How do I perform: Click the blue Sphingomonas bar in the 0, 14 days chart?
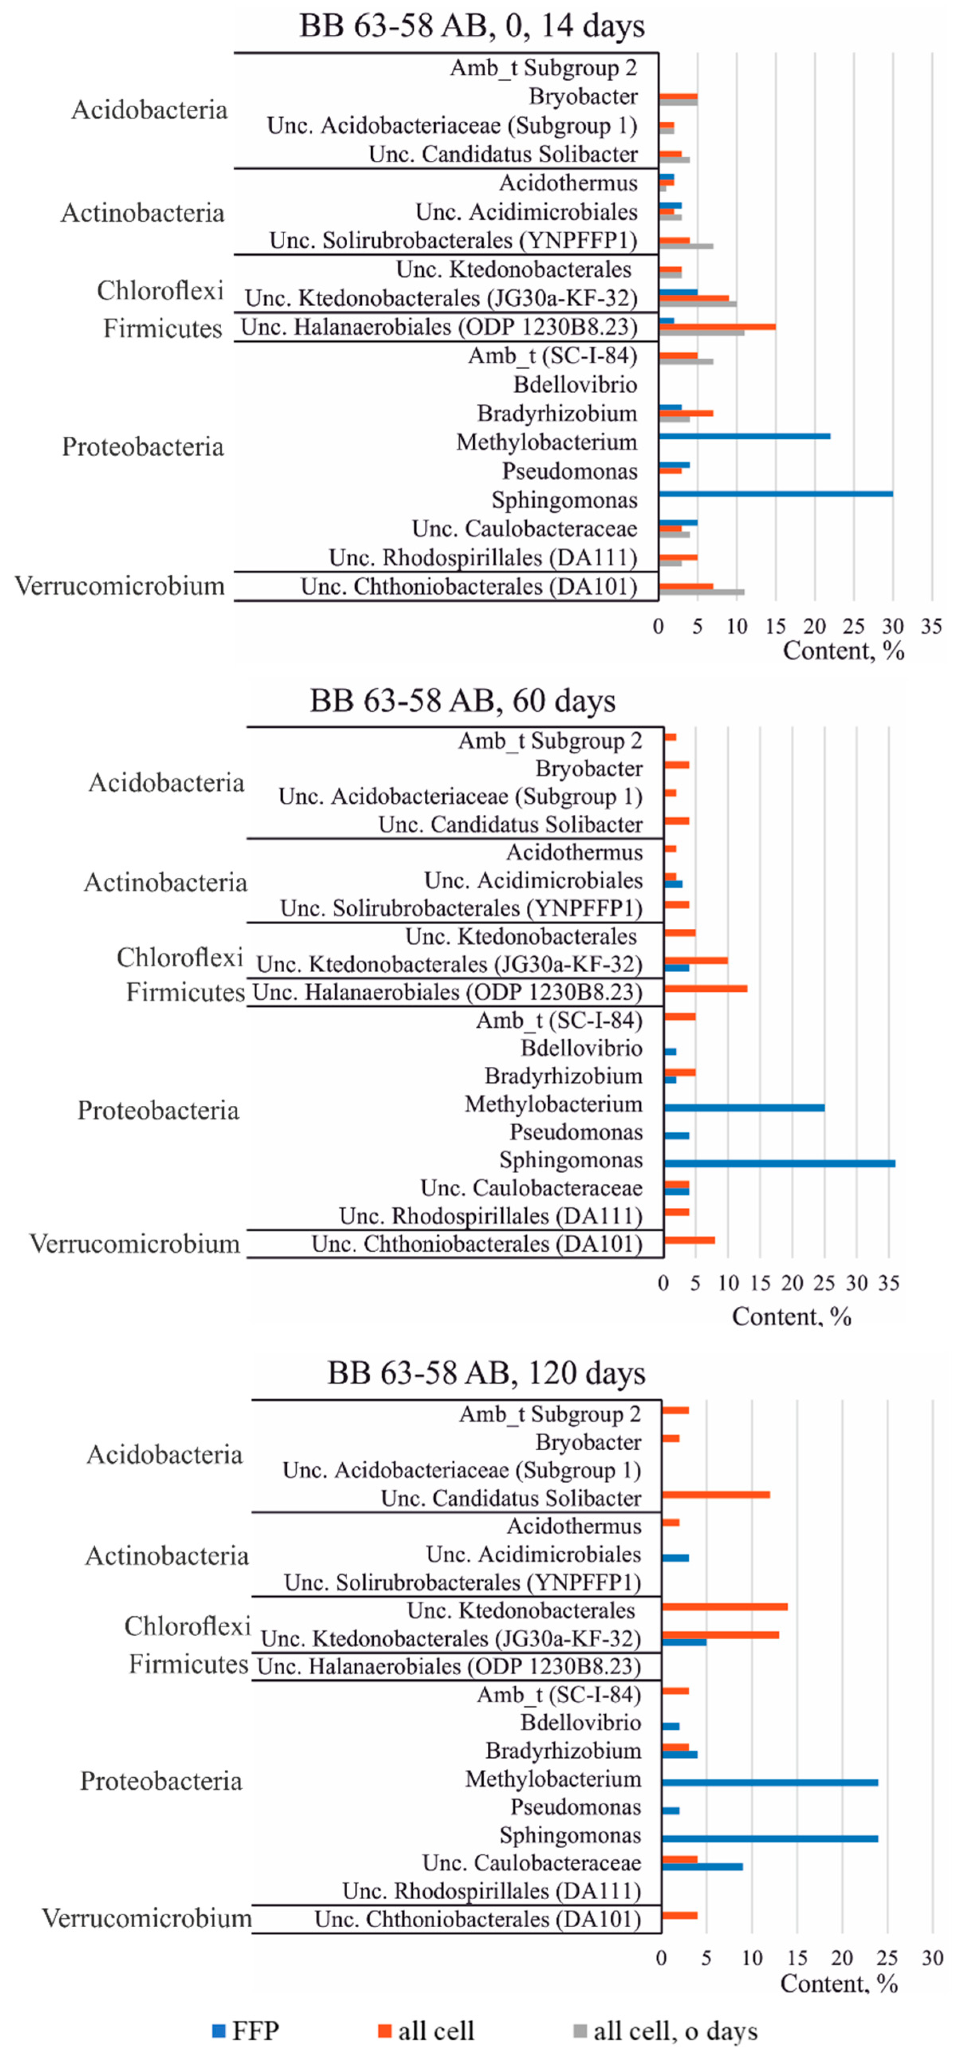775,494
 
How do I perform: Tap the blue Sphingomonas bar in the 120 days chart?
769,1839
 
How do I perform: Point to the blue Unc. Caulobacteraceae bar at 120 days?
702,1867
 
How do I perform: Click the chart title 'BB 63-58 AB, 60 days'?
463,700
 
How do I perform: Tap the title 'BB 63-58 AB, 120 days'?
486,1373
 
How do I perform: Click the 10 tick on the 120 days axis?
752,1958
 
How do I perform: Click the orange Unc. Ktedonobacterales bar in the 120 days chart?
725,1607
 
